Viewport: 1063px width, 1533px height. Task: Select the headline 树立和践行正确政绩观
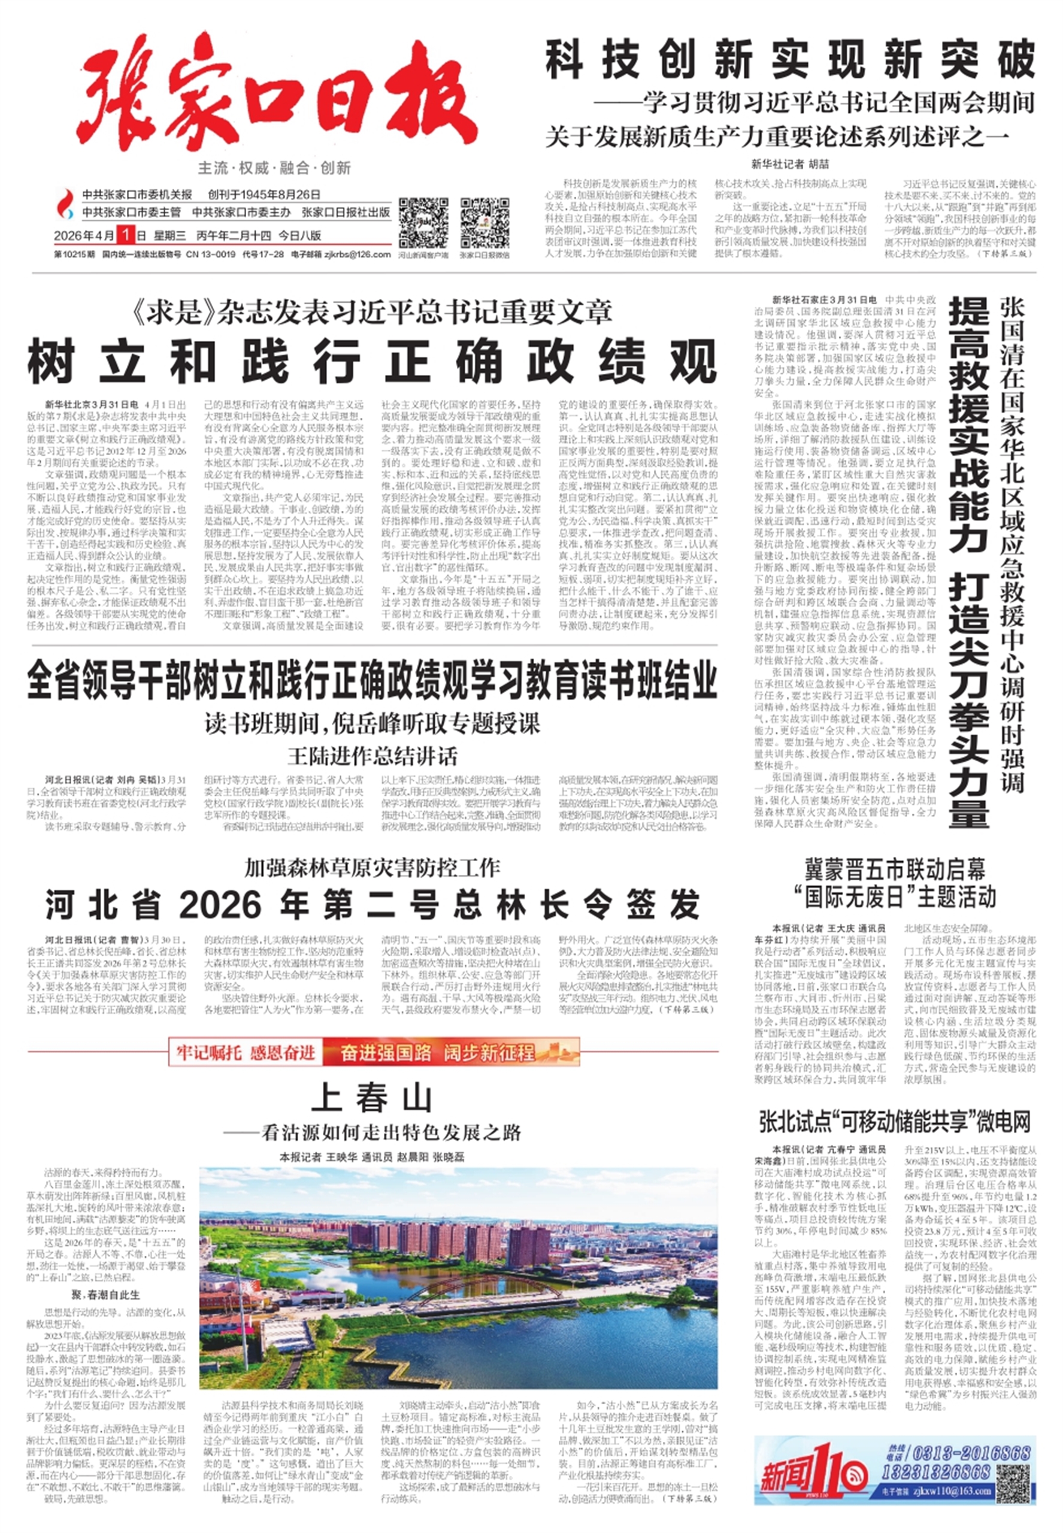point(372,362)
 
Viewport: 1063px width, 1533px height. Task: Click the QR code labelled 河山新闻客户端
point(423,222)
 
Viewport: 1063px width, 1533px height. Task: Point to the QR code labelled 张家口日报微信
point(484,222)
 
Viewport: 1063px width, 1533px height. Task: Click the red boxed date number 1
point(124,235)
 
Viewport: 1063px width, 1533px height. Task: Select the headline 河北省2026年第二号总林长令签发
point(372,904)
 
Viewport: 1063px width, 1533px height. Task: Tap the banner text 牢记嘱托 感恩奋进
point(245,1053)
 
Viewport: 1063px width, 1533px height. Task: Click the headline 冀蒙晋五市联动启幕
point(895,869)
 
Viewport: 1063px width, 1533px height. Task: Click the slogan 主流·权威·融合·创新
point(274,168)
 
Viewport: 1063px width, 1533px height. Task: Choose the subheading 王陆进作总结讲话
point(372,756)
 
